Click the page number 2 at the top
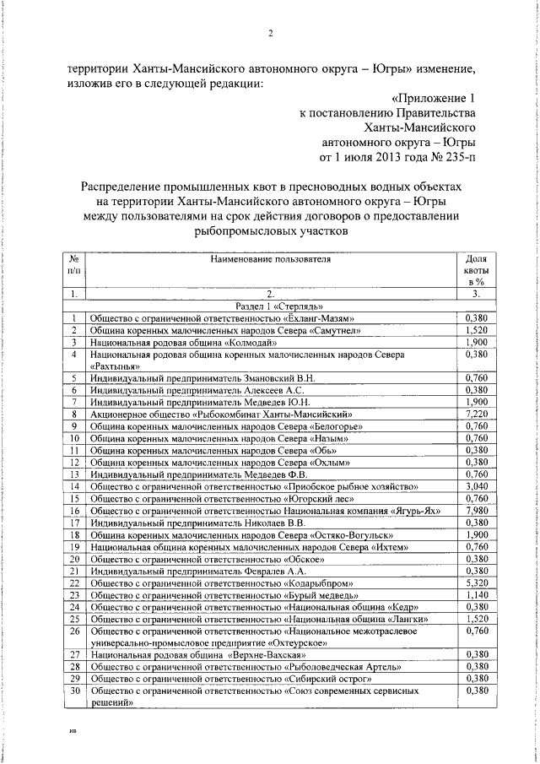point(270,34)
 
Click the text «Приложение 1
point(439,98)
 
